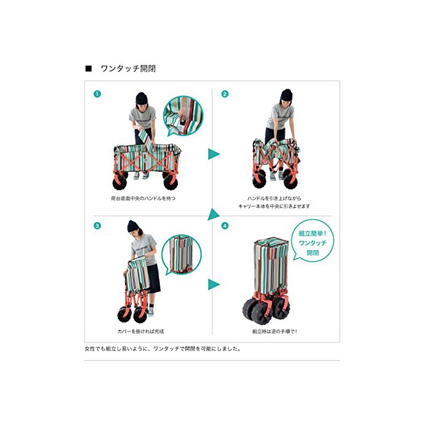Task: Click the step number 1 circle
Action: point(97,94)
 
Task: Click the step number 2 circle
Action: point(225,94)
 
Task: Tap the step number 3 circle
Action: point(97,225)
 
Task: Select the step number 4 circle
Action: point(225,225)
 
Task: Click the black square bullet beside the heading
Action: point(89,69)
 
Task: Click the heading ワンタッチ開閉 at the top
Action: point(128,69)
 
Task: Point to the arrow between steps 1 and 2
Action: point(214,154)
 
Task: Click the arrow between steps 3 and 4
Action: point(214,284)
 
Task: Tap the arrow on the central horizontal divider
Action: point(213,214)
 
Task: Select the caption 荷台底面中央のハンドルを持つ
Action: point(143,199)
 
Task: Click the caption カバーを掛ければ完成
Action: point(141,331)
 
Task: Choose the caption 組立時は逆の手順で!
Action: point(274,331)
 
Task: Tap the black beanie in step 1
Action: point(141,98)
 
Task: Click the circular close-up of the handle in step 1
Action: point(183,116)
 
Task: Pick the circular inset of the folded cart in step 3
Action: point(182,254)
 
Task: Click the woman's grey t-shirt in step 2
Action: point(280,116)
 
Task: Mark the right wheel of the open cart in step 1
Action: point(171,182)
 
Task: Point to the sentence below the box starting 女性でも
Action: point(163,349)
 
